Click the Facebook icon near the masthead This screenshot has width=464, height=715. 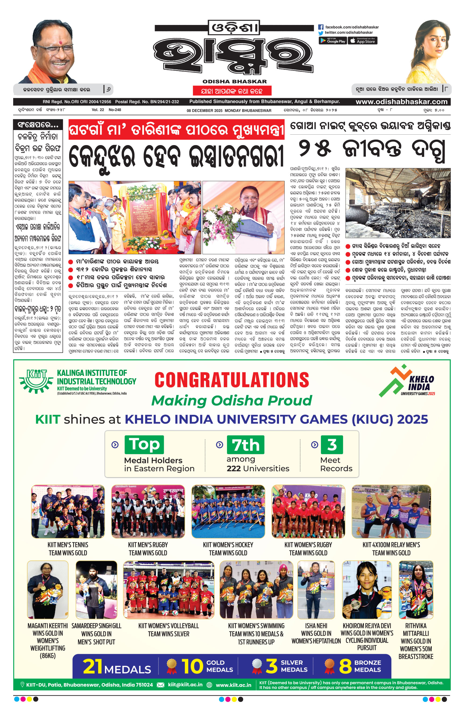321,27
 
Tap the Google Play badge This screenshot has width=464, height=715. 332,41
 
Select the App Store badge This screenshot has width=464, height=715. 362,41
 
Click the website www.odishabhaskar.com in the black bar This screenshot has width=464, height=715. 401,102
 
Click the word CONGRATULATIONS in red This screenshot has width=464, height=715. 232,380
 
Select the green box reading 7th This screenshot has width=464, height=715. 245,445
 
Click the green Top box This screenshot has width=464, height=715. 144,444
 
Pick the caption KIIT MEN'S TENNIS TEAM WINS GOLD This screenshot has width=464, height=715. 68,549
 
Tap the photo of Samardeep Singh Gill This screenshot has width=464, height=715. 96,590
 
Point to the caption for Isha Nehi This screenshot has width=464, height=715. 316,634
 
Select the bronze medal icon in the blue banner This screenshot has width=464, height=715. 329,666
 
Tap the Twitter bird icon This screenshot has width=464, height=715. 321,33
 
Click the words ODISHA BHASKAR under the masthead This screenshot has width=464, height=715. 235,81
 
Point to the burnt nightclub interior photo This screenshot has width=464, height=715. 398,203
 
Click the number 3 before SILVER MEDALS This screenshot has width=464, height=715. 271,666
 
